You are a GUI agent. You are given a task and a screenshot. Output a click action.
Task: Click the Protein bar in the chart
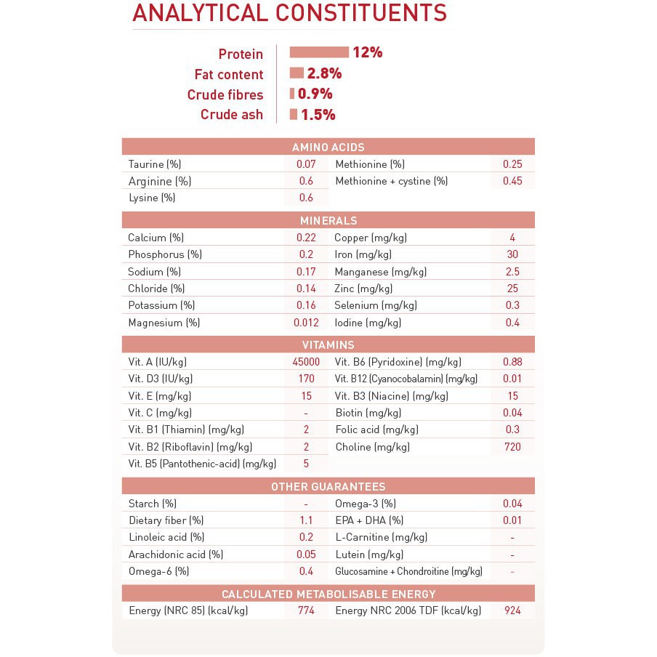(319, 52)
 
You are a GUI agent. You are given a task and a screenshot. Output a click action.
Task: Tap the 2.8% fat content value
(324, 73)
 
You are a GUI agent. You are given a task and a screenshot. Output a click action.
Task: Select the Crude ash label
(232, 115)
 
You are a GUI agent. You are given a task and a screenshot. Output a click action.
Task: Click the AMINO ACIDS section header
(328, 147)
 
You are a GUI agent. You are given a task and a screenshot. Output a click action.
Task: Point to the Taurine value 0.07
(306, 164)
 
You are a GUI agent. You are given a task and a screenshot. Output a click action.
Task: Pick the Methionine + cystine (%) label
(392, 181)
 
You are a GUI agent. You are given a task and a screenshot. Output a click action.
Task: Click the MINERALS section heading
(328, 220)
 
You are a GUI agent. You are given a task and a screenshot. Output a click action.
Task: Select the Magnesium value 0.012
(306, 323)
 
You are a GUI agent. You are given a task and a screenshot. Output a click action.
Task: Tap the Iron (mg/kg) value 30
(512, 254)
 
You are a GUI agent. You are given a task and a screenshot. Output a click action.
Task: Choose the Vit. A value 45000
(306, 362)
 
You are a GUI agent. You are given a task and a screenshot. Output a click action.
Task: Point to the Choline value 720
(512, 447)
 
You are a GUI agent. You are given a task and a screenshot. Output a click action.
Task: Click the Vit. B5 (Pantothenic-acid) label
(202, 464)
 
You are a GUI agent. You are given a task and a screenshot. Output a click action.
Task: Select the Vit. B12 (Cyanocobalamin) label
(406, 379)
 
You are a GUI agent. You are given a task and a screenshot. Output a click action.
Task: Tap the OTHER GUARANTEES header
(328, 487)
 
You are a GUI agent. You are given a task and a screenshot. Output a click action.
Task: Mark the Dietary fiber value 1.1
(306, 520)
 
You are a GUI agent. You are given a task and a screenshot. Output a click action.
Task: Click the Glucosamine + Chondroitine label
(408, 571)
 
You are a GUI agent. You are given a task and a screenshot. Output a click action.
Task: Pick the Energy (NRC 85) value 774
(306, 610)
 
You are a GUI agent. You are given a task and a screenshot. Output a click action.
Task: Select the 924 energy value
(512, 610)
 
